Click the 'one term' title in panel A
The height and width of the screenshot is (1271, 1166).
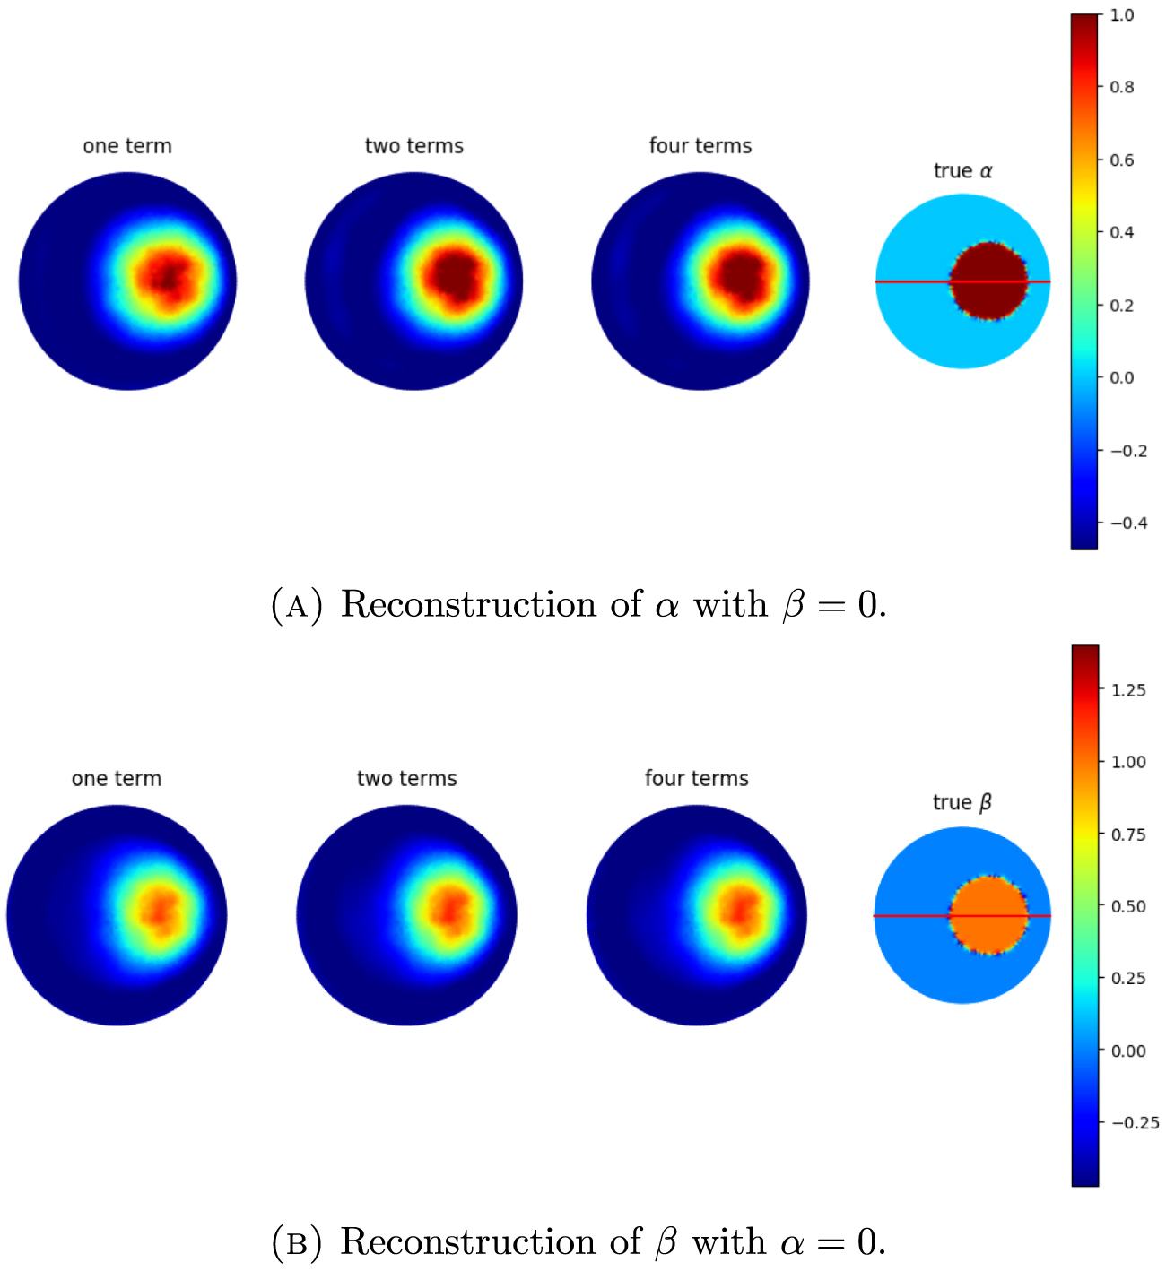(x=127, y=146)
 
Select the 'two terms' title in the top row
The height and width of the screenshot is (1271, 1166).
(x=414, y=146)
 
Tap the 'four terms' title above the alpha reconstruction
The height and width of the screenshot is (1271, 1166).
(x=700, y=146)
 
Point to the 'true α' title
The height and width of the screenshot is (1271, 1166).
(x=962, y=170)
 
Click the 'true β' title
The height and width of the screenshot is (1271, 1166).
(x=962, y=802)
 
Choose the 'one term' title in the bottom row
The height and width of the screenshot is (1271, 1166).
(x=117, y=778)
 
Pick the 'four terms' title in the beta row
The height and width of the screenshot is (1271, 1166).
(x=697, y=778)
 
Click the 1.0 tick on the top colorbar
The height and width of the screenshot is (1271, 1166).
(x=1122, y=15)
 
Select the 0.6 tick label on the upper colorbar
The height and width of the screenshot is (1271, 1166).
(x=1122, y=160)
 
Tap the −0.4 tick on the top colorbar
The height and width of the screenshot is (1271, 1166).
(x=1128, y=523)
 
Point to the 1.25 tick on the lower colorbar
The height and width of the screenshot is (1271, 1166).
(x=1128, y=690)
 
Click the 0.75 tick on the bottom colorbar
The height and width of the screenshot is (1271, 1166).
(x=1128, y=834)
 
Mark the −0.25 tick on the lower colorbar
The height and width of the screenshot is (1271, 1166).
(x=1135, y=1122)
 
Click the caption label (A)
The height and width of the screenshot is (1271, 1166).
(x=296, y=606)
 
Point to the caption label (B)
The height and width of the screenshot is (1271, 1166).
(x=296, y=1243)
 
